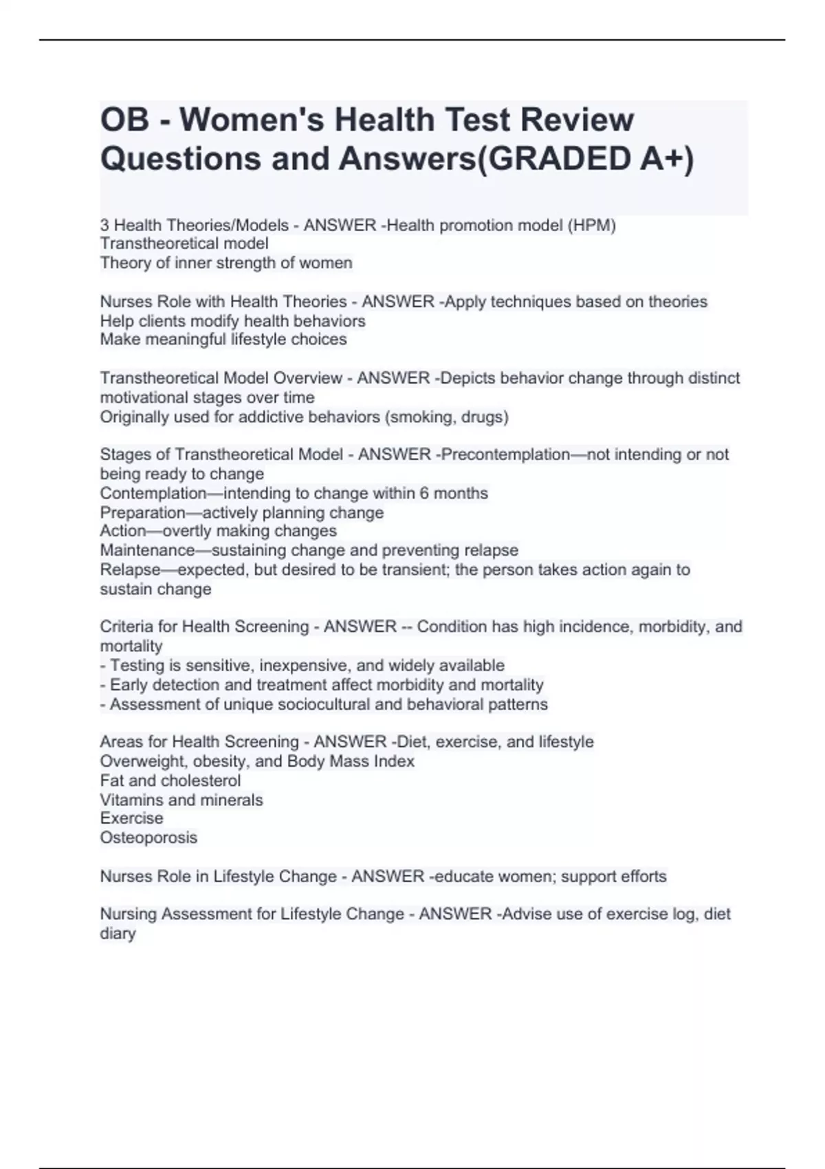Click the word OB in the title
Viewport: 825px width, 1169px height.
[124, 120]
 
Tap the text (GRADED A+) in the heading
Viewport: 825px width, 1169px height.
[585, 159]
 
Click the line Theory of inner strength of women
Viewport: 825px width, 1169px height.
[226, 263]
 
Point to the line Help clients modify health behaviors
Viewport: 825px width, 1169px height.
[232, 321]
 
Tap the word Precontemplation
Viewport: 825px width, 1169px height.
[505, 455]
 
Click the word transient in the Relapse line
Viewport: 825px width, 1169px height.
[412, 569]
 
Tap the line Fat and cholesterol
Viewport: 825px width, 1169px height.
[170, 780]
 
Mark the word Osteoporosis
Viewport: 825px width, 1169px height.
[148, 838]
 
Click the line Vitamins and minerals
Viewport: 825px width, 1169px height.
[181, 800]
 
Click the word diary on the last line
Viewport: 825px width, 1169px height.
[118, 933]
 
